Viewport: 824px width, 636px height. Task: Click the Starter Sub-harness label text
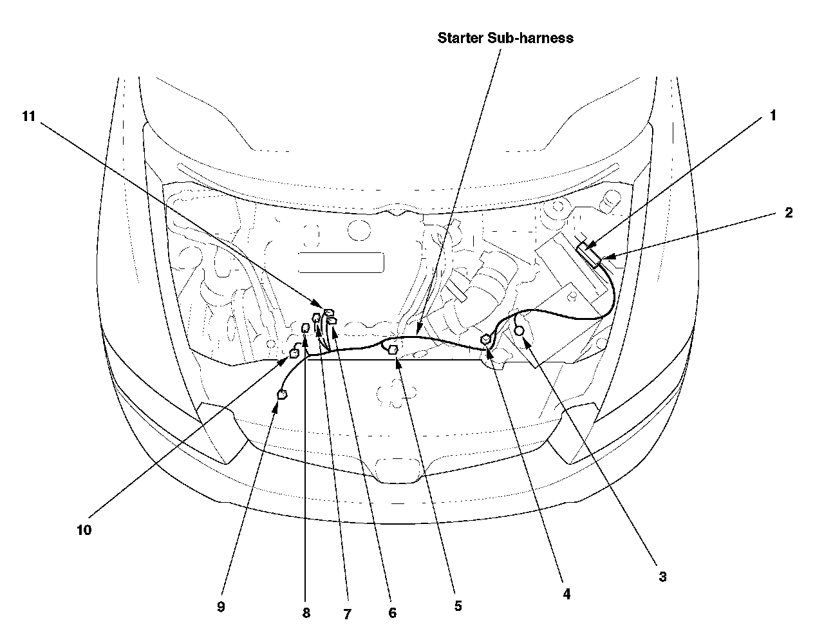tap(505, 37)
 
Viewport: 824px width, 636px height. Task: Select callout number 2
tap(788, 213)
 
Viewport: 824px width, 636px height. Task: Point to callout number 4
tap(566, 594)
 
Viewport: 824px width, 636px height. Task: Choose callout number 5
tap(458, 606)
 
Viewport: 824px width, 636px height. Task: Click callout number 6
tap(392, 613)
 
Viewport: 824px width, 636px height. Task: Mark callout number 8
tap(306, 613)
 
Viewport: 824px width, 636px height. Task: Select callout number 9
tap(221, 607)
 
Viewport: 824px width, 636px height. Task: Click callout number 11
tap(28, 116)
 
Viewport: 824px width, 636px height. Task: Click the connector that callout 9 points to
tap(281, 395)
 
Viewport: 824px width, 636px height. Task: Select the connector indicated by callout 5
tap(393, 350)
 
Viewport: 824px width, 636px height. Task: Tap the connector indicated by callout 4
tap(487, 340)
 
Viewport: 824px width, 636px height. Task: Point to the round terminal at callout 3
tap(519, 330)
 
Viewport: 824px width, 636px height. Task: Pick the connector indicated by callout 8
tap(306, 330)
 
